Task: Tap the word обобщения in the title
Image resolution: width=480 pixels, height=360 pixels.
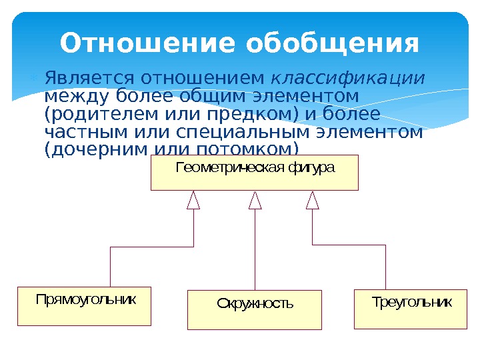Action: click(332, 45)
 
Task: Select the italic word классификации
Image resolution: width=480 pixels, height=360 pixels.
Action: click(349, 79)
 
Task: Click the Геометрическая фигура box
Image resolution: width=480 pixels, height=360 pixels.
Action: click(255, 173)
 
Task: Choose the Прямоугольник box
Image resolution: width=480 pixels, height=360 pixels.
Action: click(85, 306)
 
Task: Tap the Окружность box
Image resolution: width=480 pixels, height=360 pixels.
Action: click(255, 310)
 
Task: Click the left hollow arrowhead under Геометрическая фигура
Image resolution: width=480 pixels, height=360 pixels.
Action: click(193, 201)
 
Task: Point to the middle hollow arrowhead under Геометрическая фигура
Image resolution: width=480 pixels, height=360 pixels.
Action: click(255, 201)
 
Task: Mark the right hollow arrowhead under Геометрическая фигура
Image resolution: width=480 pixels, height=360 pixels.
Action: click(313, 201)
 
